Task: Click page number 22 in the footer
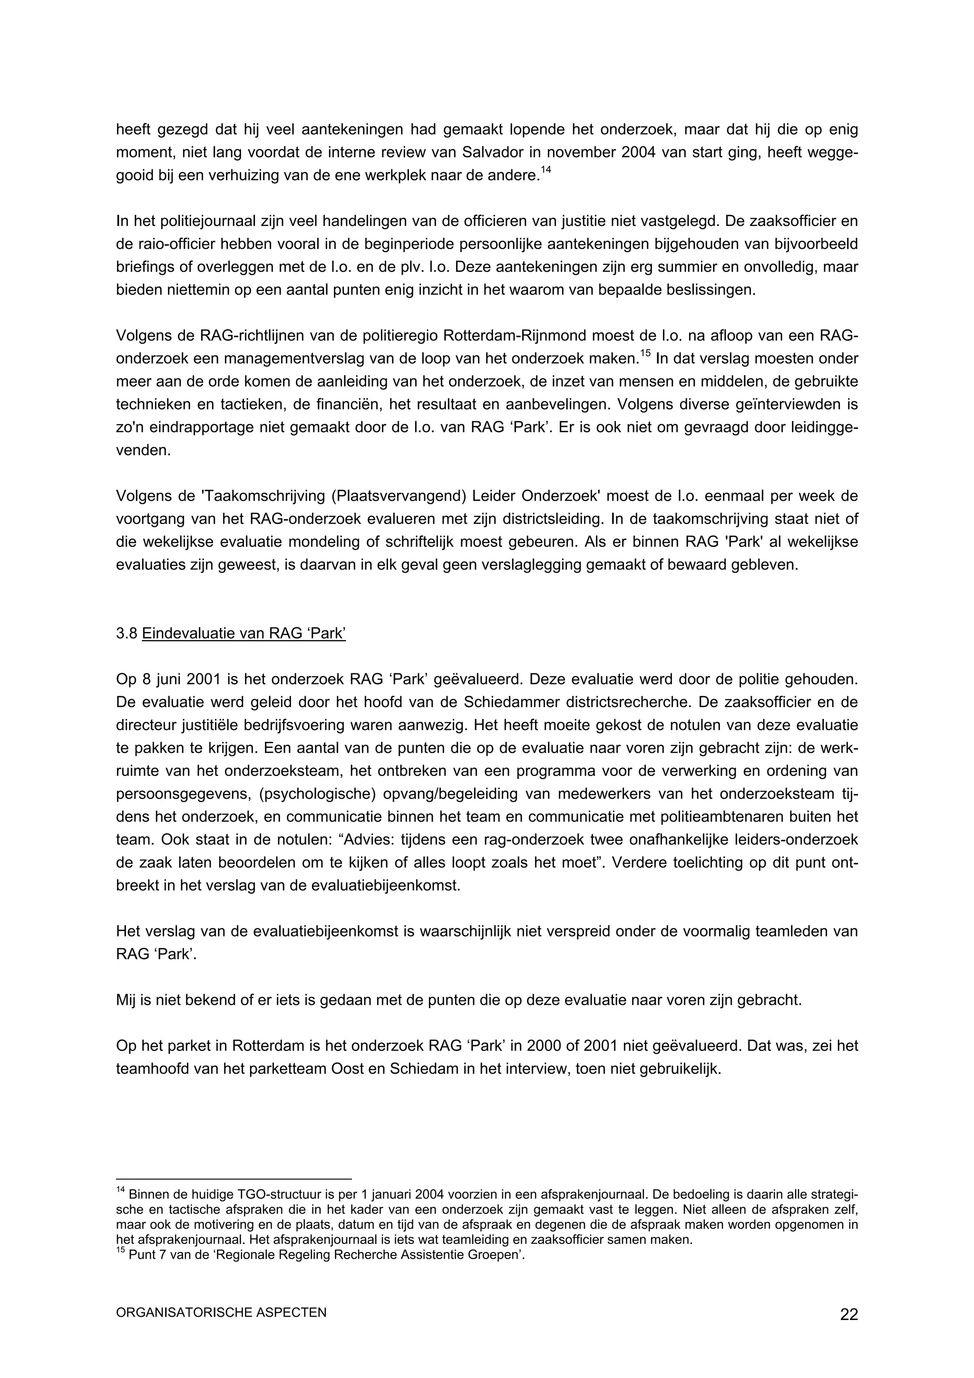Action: coord(848,1315)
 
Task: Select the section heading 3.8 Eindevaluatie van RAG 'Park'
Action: coord(231,634)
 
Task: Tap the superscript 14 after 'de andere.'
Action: coord(545,170)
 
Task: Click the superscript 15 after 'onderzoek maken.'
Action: coord(645,354)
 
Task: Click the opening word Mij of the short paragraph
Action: coord(126,1000)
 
